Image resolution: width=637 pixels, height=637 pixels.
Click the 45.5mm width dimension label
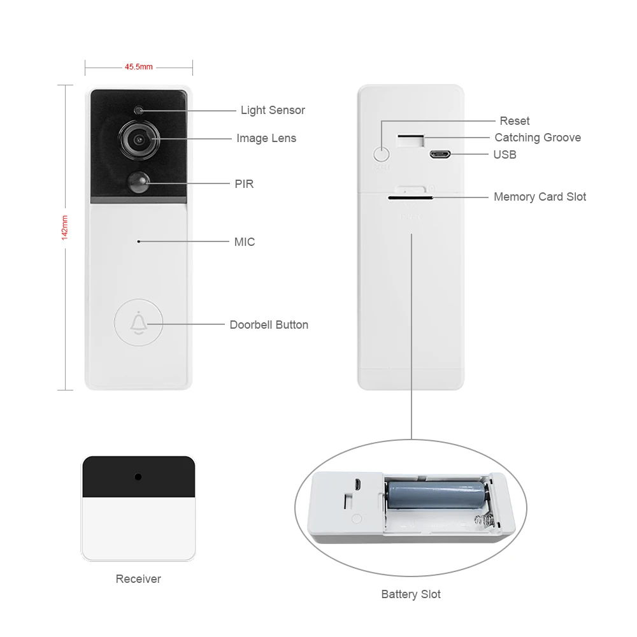[138, 66]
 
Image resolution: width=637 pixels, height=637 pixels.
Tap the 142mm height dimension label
[64, 227]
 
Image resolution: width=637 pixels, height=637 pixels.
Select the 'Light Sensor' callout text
[273, 110]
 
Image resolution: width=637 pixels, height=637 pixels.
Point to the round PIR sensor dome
[139, 182]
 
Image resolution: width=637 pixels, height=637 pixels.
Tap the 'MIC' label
[245, 242]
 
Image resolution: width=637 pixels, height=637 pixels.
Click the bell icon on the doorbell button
[138, 324]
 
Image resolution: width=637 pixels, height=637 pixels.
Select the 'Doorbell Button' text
[269, 325]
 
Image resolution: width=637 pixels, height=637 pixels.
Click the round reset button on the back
[381, 154]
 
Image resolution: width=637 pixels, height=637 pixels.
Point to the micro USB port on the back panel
[440, 154]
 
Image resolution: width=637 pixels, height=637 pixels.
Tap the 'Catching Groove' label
[538, 138]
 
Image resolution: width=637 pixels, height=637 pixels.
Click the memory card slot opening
[411, 197]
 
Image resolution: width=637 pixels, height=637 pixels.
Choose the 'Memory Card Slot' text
[540, 197]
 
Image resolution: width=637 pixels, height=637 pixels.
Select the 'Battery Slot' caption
[411, 594]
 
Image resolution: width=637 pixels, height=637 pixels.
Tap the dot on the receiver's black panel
[138, 476]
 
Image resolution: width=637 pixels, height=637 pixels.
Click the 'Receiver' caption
[138, 579]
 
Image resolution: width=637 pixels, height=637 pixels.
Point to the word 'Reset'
[514, 121]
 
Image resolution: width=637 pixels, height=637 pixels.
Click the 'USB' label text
[505, 155]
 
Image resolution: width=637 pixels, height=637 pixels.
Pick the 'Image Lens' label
[266, 138]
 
